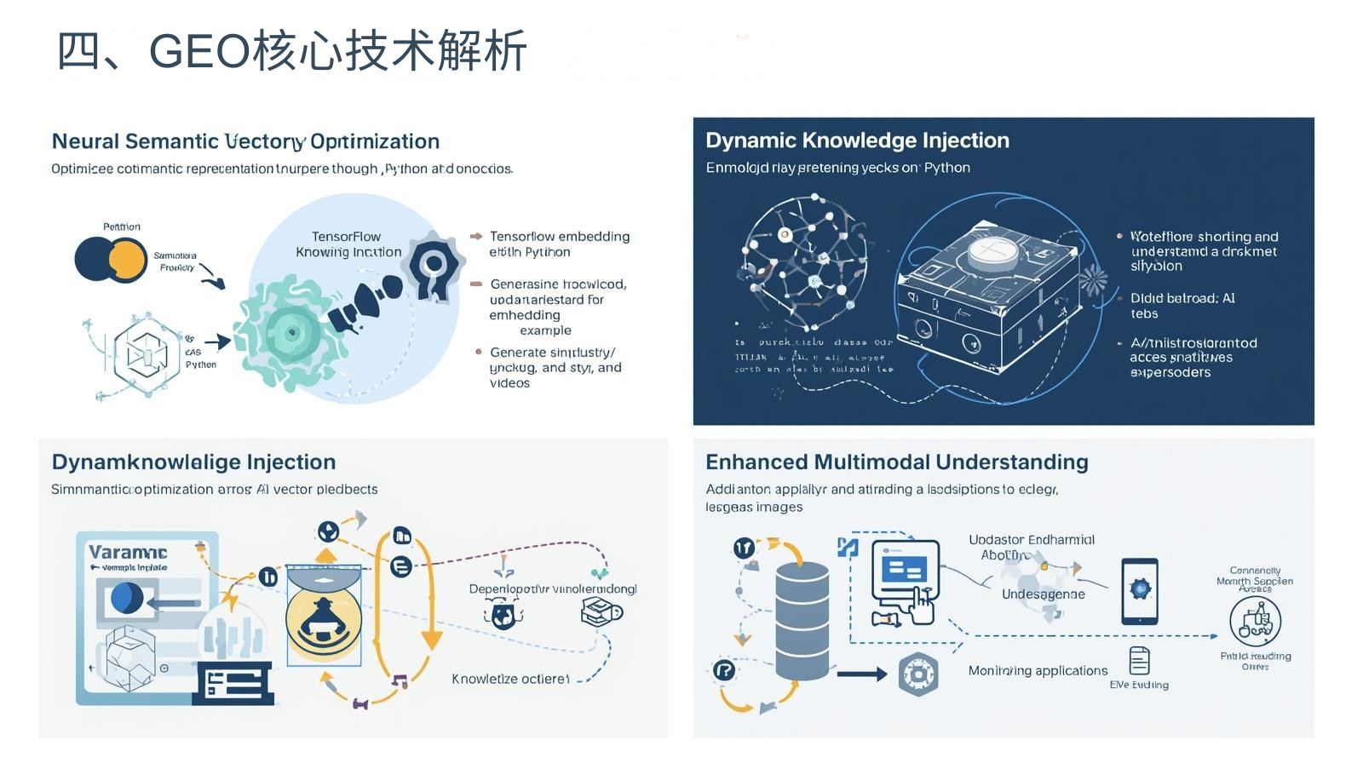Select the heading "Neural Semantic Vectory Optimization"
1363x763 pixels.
tap(245, 141)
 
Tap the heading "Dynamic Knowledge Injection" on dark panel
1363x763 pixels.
tap(857, 141)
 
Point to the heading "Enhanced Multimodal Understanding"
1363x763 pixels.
tap(896, 462)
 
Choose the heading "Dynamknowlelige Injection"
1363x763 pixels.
tap(193, 462)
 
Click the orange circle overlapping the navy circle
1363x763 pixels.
tap(128, 261)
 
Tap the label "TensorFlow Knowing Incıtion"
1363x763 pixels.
tap(348, 244)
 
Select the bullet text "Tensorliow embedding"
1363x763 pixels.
tap(560, 237)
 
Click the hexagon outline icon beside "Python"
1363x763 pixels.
tap(147, 353)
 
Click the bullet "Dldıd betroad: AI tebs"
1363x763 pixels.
tap(1182, 306)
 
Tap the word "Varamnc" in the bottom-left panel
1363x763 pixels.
tap(128, 552)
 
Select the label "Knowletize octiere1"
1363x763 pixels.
tap(510, 679)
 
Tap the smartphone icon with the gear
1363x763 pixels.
tap(1139, 591)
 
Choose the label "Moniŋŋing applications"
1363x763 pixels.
tap(1038, 671)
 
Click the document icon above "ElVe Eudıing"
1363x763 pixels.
tap(1139, 661)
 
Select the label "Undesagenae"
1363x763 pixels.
tap(1043, 594)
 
